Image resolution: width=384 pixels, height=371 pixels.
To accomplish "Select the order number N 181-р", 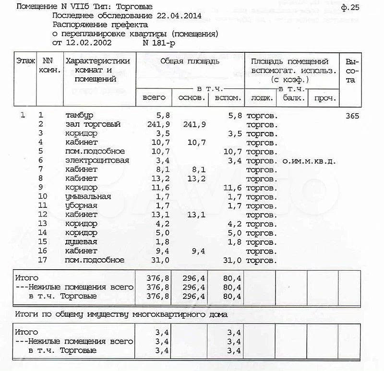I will click(x=159, y=43).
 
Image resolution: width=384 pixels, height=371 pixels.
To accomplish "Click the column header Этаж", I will click(x=25, y=61).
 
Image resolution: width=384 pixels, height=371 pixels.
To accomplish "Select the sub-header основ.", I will click(x=192, y=97).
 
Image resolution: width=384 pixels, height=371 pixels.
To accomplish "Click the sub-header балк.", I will click(x=291, y=98).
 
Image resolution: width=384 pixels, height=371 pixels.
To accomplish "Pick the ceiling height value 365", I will click(x=353, y=116).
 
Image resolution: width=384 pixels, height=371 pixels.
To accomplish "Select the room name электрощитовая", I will click(x=97, y=160).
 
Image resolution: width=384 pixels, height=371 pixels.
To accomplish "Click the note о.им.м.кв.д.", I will click(x=309, y=161).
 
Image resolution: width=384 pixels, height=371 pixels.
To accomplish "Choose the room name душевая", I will click(x=81, y=242).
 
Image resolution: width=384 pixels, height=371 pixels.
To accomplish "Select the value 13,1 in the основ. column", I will click(x=196, y=215).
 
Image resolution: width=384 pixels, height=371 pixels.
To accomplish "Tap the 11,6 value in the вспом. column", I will click(x=232, y=188).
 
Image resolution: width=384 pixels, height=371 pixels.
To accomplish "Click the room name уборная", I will click(x=81, y=206).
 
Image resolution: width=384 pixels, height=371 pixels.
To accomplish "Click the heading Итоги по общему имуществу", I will click(x=121, y=314).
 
